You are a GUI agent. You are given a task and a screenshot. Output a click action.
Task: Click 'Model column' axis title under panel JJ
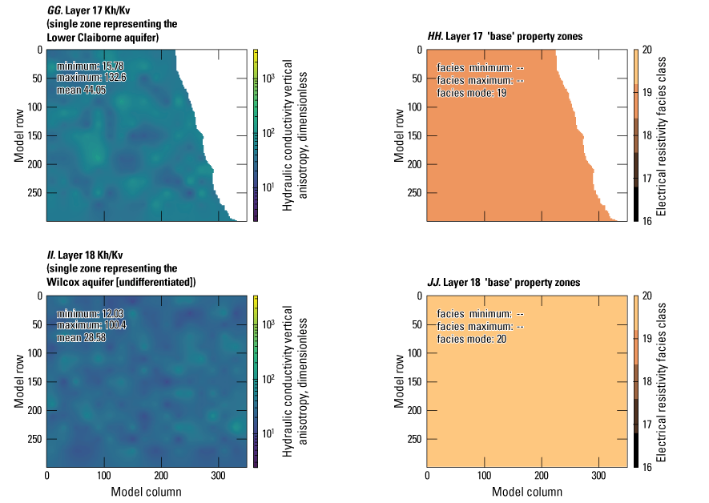526,492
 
